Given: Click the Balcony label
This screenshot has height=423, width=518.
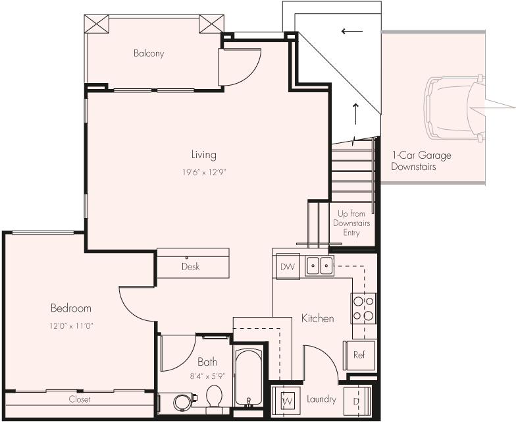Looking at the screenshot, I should click(x=149, y=53).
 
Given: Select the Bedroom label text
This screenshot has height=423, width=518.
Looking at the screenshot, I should click(x=71, y=308).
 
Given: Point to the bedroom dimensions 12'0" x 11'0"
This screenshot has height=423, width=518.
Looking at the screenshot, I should click(x=71, y=325).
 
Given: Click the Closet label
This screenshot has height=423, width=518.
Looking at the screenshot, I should click(x=80, y=399).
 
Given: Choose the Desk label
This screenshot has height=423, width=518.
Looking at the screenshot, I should click(x=191, y=267).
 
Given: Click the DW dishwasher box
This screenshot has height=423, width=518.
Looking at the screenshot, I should click(x=288, y=267).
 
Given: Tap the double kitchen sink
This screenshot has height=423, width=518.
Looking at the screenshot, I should click(x=319, y=266).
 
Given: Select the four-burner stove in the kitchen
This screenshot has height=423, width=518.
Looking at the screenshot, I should click(x=363, y=308).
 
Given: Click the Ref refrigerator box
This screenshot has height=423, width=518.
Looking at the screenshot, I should click(x=359, y=355).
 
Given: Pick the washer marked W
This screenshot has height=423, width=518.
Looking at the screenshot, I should click(x=286, y=400).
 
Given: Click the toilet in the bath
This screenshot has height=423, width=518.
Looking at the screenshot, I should click(x=214, y=398).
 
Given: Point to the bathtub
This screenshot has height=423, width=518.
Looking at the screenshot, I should click(x=248, y=378).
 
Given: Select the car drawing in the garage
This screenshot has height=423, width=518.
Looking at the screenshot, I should click(x=454, y=107).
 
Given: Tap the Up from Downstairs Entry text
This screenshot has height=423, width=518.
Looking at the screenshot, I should click(x=351, y=223).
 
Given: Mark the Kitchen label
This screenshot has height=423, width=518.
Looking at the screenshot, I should click(x=317, y=318).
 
